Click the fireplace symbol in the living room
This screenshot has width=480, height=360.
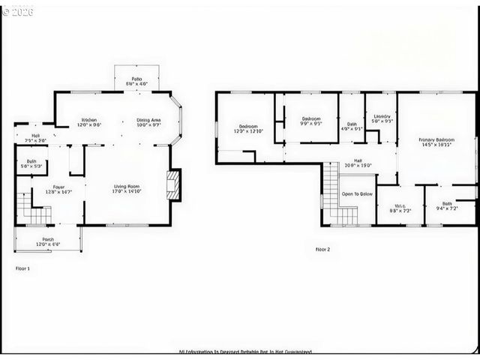click(173, 184)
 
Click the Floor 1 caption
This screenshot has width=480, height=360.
click(22, 268)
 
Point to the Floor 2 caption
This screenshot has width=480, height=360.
click(322, 249)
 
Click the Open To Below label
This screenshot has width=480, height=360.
click(357, 193)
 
